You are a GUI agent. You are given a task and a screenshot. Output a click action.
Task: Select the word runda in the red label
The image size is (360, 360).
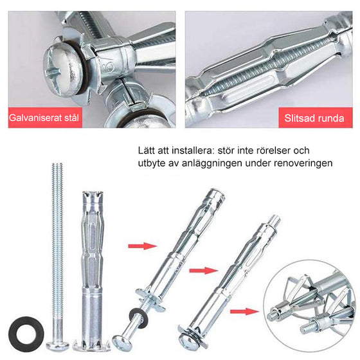click(332, 119)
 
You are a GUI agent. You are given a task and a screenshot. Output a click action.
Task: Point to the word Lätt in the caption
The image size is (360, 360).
click(148, 150)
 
